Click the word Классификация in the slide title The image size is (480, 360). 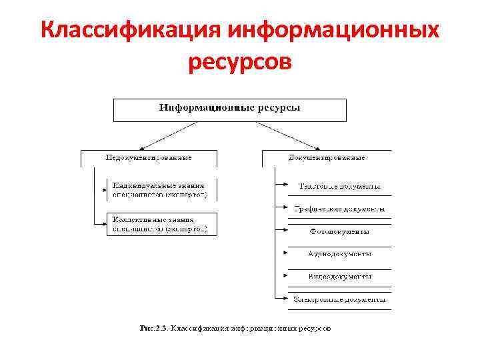coord(130,31)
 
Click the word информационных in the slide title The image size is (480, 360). coord(333,31)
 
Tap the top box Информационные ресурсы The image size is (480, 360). coord(229,109)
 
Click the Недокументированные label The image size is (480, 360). coord(149,158)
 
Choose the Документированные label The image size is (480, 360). coord(327,158)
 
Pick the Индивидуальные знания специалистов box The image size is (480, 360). coord(161,190)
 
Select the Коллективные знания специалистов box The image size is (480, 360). coord(161,224)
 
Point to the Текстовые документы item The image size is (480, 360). coord(339,187)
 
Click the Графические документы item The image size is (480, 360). coord(339,209)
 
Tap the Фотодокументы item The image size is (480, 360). coord(339,232)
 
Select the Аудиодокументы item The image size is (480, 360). coord(339,254)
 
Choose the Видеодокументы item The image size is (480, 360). coord(339,276)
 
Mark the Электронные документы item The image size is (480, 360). coord(339,299)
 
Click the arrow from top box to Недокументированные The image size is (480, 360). coord(164,137)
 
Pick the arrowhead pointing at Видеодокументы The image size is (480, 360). coord(287,275)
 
